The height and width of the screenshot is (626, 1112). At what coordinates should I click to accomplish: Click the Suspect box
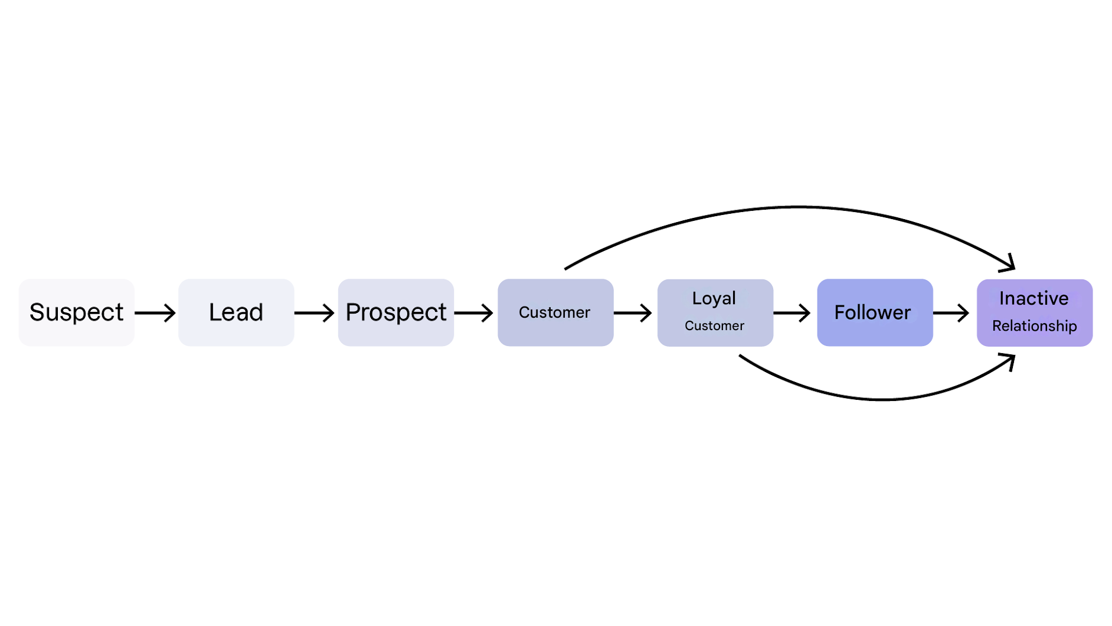click(x=77, y=312)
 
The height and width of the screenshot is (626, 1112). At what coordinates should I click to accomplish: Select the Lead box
click(x=236, y=312)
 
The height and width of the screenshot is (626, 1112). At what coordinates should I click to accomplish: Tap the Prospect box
click(x=395, y=312)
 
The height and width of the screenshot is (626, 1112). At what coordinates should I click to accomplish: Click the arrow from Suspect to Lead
click(x=155, y=312)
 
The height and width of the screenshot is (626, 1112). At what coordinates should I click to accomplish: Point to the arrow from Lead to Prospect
click(x=315, y=312)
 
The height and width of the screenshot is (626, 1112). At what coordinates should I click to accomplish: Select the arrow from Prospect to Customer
click(x=474, y=312)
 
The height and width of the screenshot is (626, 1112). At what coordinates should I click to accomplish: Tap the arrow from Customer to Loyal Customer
click(x=633, y=312)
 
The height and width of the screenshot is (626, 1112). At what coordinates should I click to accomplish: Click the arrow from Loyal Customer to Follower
click(x=792, y=312)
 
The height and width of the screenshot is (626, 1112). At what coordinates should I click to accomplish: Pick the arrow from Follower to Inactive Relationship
click(x=951, y=312)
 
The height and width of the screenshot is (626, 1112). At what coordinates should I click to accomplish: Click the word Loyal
click(x=714, y=298)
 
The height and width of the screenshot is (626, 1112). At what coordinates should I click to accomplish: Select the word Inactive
click(x=1033, y=298)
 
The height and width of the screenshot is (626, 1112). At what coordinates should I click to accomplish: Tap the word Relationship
click(x=1034, y=326)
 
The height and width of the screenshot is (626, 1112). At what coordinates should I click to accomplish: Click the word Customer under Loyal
click(x=714, y=326)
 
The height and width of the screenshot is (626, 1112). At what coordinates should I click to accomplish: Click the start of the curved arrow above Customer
click(x=567, y=268)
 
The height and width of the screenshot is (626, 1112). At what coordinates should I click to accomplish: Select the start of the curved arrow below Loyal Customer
click(x=741, y=356)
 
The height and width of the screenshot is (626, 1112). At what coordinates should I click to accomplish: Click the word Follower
click(x=872, y=312)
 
